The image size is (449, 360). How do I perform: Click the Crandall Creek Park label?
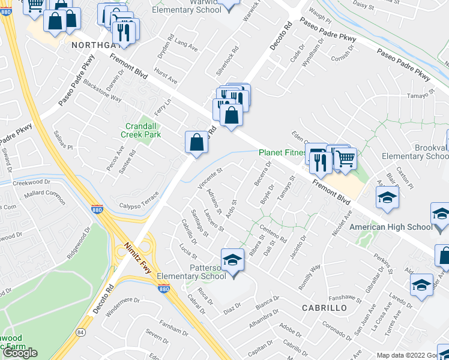(143, 131)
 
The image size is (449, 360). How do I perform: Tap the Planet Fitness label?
(282, 153)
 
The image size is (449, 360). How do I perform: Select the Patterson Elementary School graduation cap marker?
(232, 261)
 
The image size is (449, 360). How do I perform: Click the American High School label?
(391, 227)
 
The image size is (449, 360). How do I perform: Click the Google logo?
(20, 353)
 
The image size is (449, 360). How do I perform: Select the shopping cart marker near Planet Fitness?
(345, 159)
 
